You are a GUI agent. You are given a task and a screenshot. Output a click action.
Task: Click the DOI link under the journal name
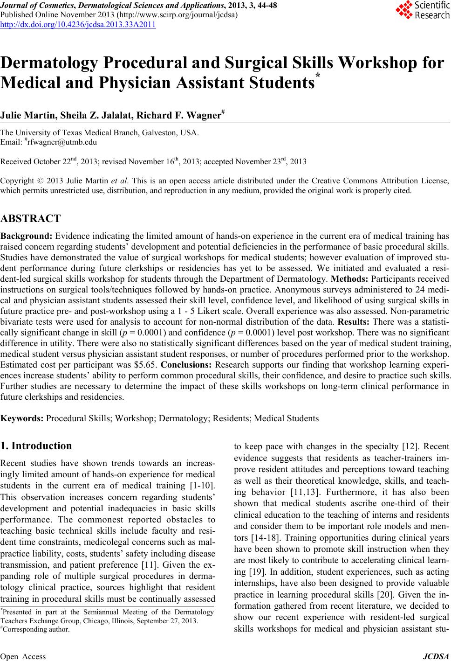tap(78, 24)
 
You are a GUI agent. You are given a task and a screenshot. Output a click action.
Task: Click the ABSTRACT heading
tap(31, 219)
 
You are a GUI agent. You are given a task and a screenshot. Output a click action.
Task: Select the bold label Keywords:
tap(22, 418)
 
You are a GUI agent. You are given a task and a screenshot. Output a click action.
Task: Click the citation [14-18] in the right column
tap(258, 538)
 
